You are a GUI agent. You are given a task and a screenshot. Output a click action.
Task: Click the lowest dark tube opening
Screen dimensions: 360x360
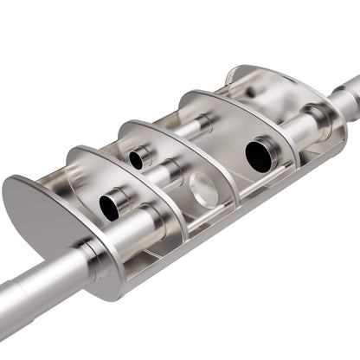click(111, 206)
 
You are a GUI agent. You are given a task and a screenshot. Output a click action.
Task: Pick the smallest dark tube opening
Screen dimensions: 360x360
click(137, 159)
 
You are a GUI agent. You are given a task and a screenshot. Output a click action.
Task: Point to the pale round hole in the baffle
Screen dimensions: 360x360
click(202, 189)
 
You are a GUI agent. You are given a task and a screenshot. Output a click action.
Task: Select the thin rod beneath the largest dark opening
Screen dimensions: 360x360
click(260, 185)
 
